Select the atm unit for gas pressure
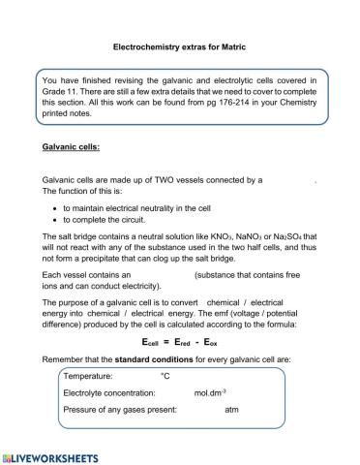(231, 410)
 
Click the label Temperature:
(88, 376)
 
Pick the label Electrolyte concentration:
(108, 393)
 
